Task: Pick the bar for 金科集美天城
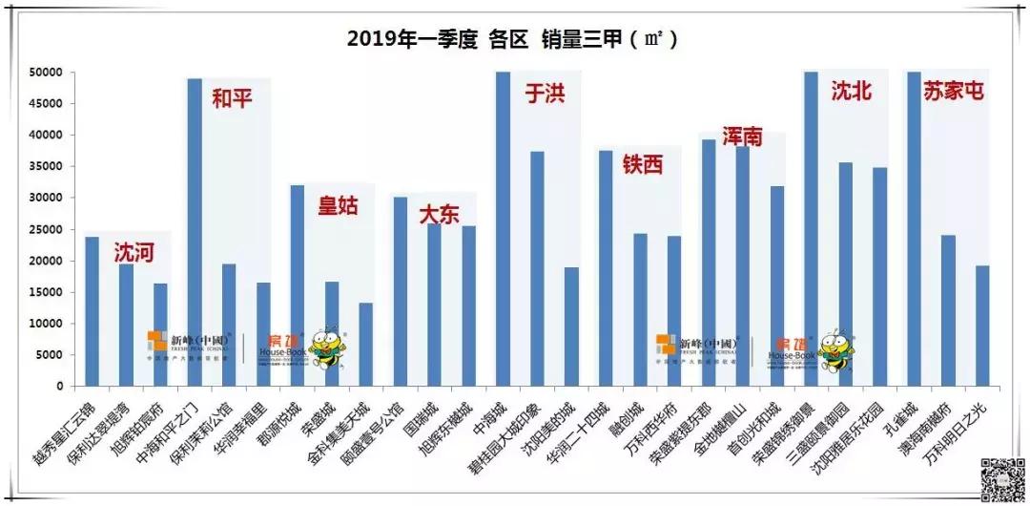point(366,344)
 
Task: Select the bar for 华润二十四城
point(606,268)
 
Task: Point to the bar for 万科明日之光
point(982,326)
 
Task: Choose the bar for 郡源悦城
point(298,285)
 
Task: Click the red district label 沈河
point(134,253)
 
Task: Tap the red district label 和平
point(232,97)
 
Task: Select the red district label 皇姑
point(338,204)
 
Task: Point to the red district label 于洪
point(545,94)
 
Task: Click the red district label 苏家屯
point(953,91)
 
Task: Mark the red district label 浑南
point(741,137)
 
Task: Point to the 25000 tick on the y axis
point(44,229)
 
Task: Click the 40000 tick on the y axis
point(44,135)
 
